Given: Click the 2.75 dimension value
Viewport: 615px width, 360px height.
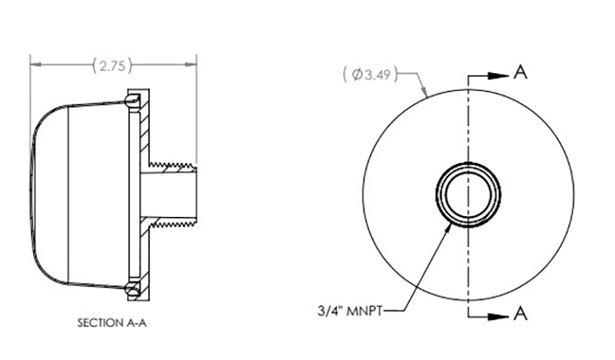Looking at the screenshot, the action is tap(112, 65).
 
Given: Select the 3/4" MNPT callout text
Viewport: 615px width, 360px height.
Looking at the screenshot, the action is tap(350, 311).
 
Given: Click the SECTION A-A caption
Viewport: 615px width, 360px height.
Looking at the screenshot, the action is tap(111, 323).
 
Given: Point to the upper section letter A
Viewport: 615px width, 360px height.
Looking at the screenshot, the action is tap(520, 72).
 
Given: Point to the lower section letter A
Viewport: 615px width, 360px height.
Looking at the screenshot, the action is tap(520, 314).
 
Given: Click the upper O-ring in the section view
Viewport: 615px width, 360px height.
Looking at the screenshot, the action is tap(132, 100).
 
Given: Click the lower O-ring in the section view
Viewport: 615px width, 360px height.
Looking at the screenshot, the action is tap(132, 290).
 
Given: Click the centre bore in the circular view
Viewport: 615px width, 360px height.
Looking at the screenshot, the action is tap(467, 194).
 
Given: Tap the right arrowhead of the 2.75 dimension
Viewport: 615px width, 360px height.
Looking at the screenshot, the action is tap(190, 64).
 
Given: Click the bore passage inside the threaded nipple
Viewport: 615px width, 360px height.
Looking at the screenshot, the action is tap(168, 195).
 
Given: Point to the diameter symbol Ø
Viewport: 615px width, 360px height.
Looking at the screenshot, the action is tap(357, 74).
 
